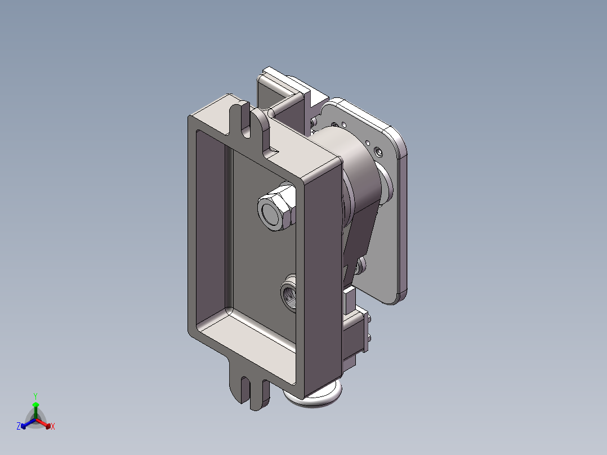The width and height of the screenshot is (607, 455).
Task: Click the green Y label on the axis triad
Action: [x=35, y=396]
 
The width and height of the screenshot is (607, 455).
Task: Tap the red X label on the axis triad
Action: [x=53, y=426]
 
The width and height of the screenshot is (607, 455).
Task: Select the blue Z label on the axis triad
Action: [x=18, y=426]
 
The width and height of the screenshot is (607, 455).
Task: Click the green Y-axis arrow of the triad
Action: [x=35, y=410]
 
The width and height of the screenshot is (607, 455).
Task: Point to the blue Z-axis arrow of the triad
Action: [x=28, y=423]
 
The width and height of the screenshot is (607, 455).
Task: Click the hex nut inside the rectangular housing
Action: [x=276, y=207]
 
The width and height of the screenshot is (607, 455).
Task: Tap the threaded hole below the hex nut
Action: [x=289, y=293]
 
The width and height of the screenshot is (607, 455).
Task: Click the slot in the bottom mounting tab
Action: [x=246, y=389]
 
